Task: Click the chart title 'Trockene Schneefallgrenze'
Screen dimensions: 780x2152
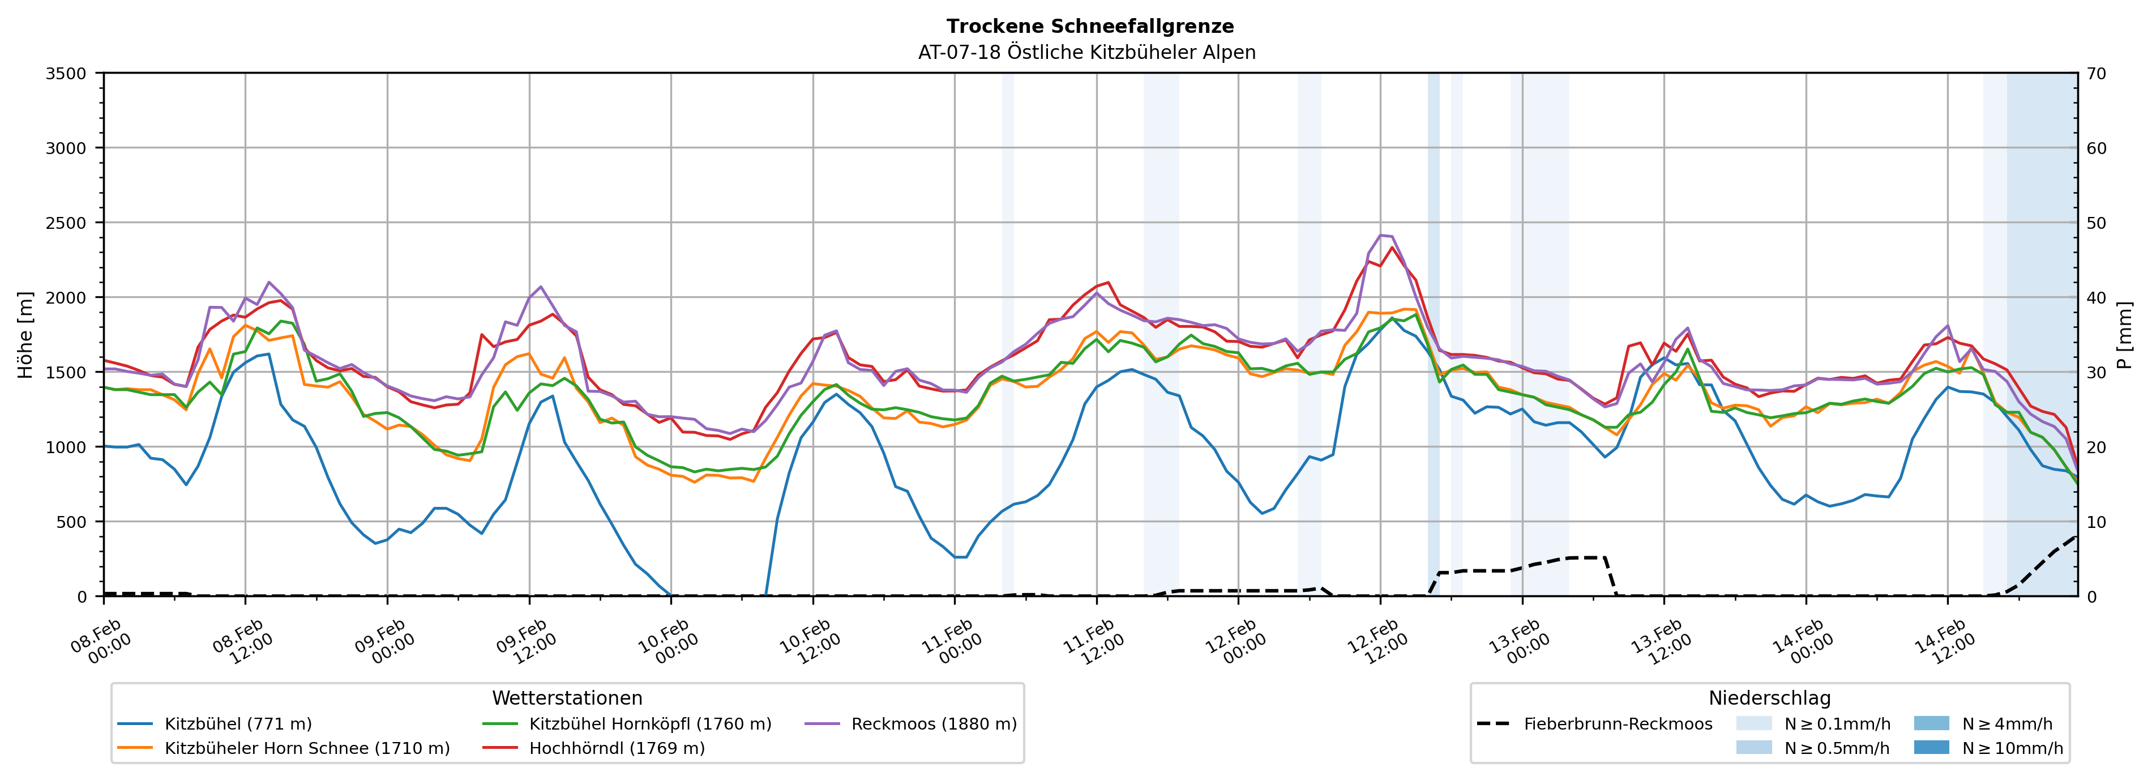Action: (1089, 27)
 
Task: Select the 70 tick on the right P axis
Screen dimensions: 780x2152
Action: (2096, 74)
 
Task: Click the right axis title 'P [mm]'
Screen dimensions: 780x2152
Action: (2124, 334)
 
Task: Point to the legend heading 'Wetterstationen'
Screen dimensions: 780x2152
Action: (567, 698)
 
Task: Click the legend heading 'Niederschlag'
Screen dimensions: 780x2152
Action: (1769, 698)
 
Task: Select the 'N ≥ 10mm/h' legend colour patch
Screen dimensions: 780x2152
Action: (1931, 747)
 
